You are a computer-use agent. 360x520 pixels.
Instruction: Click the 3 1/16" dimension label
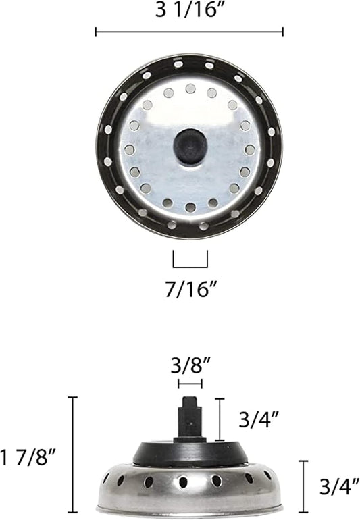189,12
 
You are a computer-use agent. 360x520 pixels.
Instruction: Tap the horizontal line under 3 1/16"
189,32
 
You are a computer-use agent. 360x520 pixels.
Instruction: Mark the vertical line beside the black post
220,419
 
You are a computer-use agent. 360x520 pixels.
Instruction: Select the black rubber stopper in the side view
190,451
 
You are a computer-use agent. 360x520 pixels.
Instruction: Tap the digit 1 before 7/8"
5,457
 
